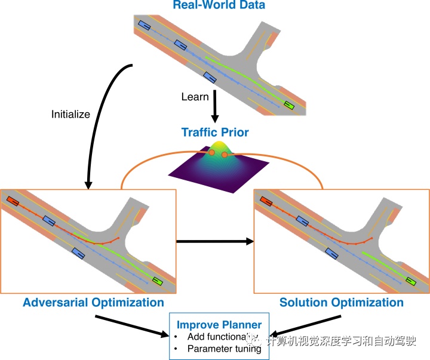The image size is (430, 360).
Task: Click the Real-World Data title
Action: coord(219,6)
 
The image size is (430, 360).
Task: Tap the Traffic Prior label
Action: coord(215,132)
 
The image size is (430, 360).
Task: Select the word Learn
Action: coord(195,97)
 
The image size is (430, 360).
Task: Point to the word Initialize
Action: coord(70,115)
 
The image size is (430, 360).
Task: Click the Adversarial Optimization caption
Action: coord(93,302)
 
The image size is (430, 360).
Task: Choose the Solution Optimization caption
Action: coord(342,302)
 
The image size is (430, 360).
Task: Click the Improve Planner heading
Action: coord(219,325)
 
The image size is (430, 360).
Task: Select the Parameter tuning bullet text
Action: coord(224,349)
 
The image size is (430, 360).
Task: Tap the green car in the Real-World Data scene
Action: coord(289,106)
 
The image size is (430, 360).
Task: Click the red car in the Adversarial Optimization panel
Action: coord(13,202)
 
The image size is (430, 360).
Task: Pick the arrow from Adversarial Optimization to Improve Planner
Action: coord(132,326)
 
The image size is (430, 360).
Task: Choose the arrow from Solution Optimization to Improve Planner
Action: coord(305,326)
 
